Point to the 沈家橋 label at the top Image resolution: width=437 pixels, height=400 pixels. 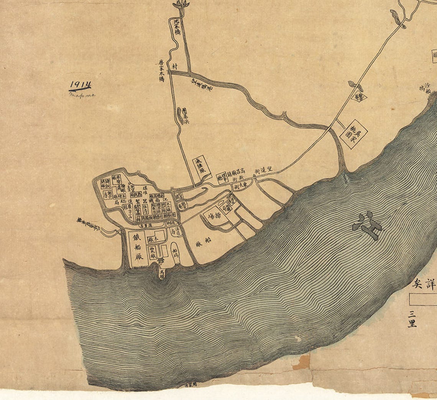tap(177, 27)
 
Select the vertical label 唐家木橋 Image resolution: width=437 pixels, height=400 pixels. tap(162, 70)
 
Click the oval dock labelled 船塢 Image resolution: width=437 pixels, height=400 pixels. tap(175, 253)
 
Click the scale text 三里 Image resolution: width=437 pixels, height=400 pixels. tap(412, 319)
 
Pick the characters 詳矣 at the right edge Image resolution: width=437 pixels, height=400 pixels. tap(424, 284)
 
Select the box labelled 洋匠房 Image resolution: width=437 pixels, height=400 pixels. tap(175, 232)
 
